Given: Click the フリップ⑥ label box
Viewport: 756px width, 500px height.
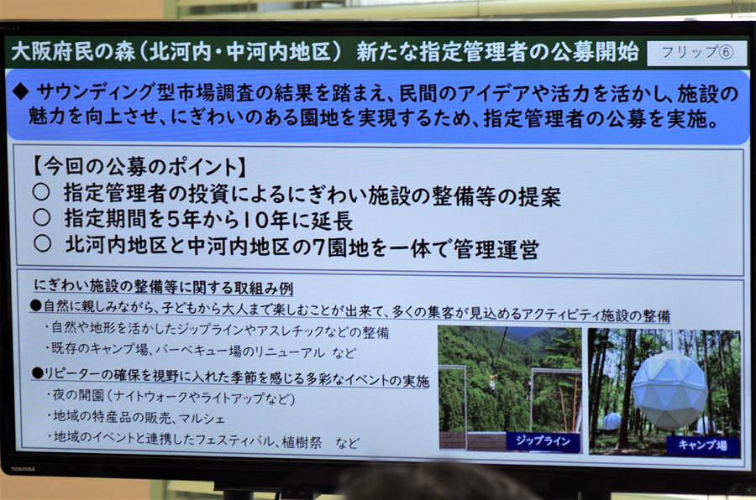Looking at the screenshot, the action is pos(696,53).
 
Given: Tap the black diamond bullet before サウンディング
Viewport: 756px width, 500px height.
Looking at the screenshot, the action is pos(20,91).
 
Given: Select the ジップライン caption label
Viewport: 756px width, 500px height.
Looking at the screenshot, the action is pos(543,441).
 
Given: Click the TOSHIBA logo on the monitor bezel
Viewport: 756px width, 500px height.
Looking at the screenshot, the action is pos(23,469).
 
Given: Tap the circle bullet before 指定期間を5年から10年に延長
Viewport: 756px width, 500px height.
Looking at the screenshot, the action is pos(42,218).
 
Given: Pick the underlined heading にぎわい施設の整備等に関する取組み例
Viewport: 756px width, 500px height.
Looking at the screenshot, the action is pos(163,287).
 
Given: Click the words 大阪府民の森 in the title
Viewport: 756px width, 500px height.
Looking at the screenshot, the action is pos(73,51).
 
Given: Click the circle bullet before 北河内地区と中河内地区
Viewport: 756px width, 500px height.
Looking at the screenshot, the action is pos(43,243).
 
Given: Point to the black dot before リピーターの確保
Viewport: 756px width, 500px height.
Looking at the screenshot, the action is pos(37,372).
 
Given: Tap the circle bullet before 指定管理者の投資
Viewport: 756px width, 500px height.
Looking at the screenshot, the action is pos(41,192).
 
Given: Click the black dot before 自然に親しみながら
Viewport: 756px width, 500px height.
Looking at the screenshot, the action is pos(36,305).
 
